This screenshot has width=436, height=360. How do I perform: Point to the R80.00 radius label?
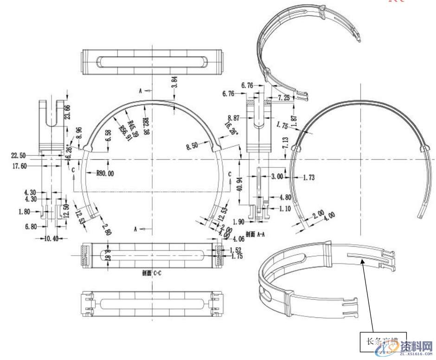[105, 174]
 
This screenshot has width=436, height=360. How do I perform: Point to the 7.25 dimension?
[284, 98]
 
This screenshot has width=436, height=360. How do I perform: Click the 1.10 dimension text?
[285, 209]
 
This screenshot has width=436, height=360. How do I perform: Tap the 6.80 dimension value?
[32, 226]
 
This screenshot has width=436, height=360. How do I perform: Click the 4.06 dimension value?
[239, 239]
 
